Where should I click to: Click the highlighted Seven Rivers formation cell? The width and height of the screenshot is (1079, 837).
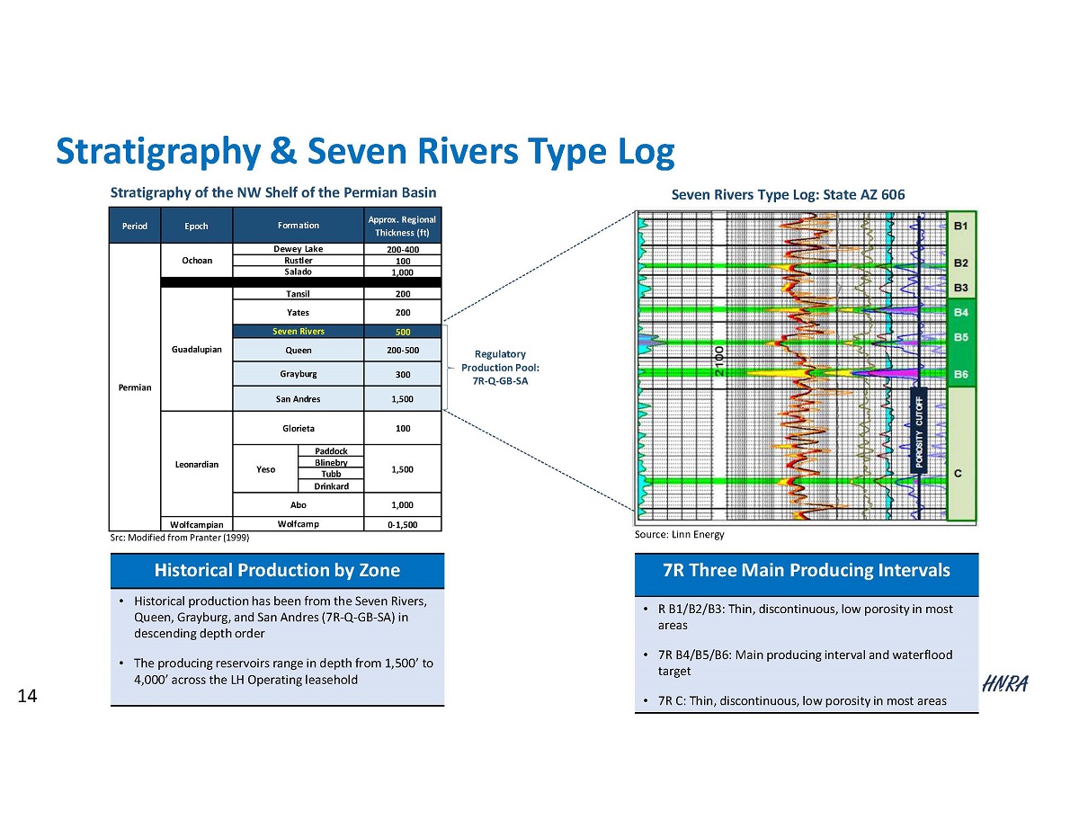click(x=298, y=332)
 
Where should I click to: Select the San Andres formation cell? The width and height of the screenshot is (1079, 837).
click(x=298, y=399)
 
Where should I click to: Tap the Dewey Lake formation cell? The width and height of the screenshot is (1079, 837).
click(x=298, y=249)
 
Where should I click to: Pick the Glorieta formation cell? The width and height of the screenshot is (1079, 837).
click(x=298, y=429)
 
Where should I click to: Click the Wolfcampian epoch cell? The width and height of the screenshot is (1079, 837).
click(x=196, y=523)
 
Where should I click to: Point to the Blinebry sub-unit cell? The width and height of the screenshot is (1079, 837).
click(x=331, y=462)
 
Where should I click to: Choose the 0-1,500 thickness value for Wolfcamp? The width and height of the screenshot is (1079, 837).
click(x=402, y=523)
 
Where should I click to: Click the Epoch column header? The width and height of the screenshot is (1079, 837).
click(x=196, y=226)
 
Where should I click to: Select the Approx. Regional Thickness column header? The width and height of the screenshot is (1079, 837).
click(x=402, y=226)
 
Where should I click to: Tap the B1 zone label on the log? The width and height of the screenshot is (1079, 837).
click(x=961, y=227)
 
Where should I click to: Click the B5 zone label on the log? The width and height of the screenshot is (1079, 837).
click(x=961, y=338)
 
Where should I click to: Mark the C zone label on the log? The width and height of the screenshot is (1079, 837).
click(x=959, y=476)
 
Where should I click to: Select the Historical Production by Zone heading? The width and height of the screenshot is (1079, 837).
click(x=277, y=570)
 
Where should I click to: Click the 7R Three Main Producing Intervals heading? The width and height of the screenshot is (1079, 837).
click(x=806, y=570)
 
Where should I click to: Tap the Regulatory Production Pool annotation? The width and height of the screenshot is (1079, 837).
click(x=501, y=367)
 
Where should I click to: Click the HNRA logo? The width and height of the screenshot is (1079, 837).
click(x=1004, y=684)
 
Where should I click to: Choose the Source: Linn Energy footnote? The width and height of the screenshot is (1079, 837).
click(x=679, y=535)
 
